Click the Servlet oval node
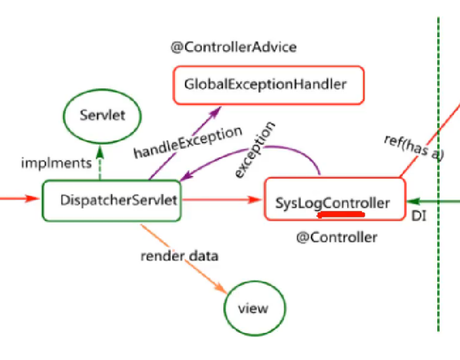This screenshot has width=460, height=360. tap(102, 115)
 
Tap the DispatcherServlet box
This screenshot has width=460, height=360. tap(111, 200)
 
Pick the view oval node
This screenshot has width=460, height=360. tap(253, 308)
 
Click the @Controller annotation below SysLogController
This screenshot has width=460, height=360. tap(337, 237)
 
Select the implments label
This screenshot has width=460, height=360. tap(57, 163)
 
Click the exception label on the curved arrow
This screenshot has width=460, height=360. tap(255, 150)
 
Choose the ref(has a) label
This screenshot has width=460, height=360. tap(415, 148)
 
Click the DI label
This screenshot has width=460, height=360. tap(419, 216)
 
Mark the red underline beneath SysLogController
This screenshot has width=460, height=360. tap(341, 214)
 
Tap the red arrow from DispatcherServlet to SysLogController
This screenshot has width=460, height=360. tap(222, 200)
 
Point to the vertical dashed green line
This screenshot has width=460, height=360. tap(438, 263)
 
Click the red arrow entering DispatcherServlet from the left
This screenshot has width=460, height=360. tap(20, 199)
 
